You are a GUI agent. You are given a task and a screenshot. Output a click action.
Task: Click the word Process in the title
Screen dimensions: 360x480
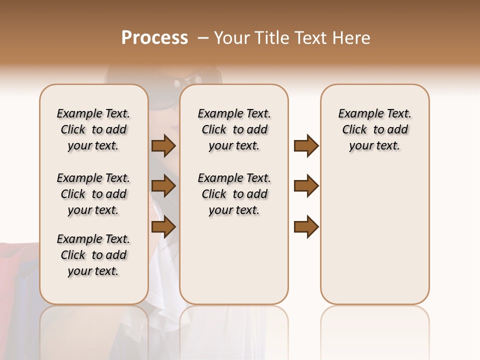(x=154, y=38)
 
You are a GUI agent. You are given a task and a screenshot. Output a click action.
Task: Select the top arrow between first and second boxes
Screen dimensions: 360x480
(x=163, y=146)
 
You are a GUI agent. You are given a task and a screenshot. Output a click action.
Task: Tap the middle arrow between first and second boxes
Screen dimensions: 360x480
(x=163, y=186)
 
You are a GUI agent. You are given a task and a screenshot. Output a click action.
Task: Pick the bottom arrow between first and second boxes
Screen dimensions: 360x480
(x=163, y=227)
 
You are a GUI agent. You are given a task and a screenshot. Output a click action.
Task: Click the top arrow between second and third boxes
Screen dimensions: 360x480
(x=306, y=146)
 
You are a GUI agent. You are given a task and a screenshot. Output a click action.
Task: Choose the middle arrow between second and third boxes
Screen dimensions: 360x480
(x=306, y=186)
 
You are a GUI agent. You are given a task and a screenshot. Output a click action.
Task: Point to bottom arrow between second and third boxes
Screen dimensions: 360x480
(x=306, y=227)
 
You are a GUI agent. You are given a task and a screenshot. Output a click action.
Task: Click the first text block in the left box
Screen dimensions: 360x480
(x=93, y=129)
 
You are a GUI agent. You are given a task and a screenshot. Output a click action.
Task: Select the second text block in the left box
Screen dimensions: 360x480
(x=93, y=194)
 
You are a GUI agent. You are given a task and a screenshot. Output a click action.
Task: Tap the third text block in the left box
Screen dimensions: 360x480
(x=93, y=255)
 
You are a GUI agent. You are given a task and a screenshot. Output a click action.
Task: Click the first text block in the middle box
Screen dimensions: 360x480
(x=234, y=129)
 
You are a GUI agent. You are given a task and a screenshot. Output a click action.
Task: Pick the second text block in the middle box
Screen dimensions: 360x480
(x=234, y=194)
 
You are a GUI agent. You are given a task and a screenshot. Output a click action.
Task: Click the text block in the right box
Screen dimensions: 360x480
(x=375, y=129)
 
